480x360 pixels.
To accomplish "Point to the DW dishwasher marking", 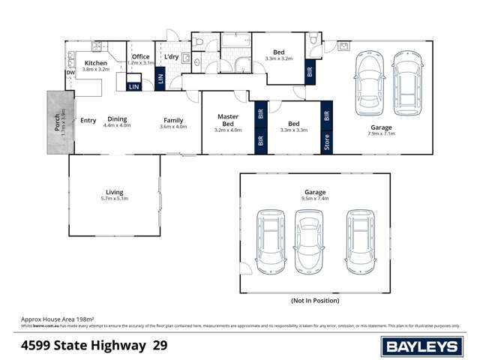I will click(x=69, y=73).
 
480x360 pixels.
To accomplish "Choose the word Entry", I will click(x=88, y=120).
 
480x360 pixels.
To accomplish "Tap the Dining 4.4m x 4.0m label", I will click(x=118, y=122).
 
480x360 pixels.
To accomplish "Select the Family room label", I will click(x=174, y=122).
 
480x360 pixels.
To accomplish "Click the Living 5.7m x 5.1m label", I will click(x=114, y=196).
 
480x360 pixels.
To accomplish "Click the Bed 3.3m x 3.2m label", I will click(x=277, y=54).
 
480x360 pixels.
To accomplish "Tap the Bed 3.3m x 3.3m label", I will click(x=294, y=127).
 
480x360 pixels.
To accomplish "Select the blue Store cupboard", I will click(x=327, y=141).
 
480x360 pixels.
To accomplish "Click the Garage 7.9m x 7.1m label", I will click(x=382, y=130).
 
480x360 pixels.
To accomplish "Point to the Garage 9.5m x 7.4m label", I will click(x=314, y=196).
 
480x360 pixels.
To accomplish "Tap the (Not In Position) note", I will click(x=314, y=300).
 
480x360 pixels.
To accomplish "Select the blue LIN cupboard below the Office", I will click(x=134, y=87).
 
